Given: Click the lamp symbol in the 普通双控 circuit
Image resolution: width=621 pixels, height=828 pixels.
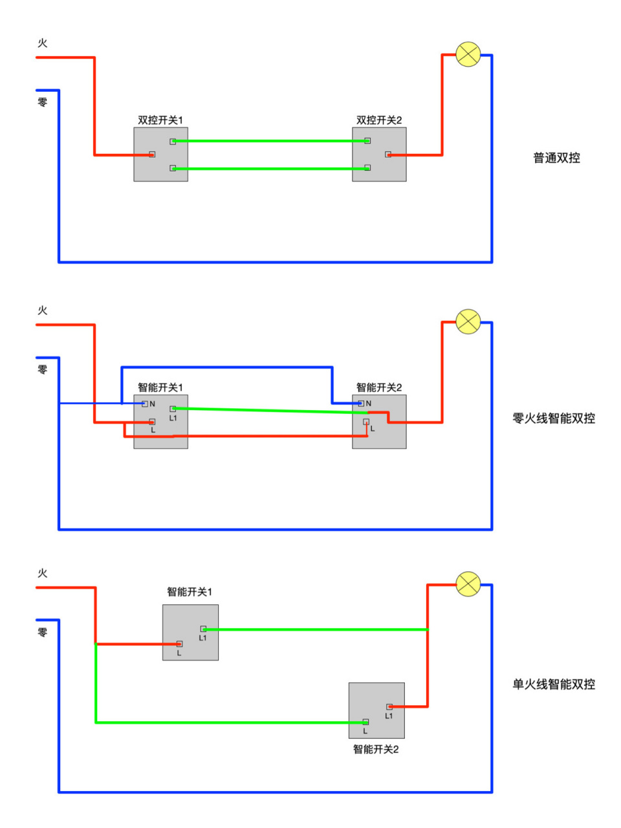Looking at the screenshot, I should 468,54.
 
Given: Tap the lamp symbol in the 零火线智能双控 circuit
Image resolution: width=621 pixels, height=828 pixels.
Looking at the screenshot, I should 468,321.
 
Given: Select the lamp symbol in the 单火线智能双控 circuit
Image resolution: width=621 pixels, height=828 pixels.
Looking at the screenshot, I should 468,584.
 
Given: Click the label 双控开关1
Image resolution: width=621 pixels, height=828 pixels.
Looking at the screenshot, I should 160,120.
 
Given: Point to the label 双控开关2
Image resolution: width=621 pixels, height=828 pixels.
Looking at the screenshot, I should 379,120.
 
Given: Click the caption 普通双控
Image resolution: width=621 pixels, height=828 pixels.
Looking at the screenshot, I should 556,158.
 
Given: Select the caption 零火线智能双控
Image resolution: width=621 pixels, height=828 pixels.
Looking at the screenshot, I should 554,419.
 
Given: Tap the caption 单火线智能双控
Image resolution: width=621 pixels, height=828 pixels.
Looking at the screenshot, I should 554,684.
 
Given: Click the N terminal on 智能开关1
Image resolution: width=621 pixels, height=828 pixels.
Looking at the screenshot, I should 145,404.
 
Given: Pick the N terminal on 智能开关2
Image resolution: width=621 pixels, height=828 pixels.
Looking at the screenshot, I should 361,403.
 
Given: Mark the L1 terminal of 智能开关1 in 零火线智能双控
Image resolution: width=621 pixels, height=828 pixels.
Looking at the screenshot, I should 173,409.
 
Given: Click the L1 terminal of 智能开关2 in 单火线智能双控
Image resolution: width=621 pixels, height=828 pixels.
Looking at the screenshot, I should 389,707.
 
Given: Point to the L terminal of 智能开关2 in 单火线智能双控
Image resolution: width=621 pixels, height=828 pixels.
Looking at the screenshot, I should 365,722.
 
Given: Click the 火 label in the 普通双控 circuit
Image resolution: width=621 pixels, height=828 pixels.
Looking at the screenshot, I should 43,43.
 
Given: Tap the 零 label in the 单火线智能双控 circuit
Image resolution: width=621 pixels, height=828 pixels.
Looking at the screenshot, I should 43,632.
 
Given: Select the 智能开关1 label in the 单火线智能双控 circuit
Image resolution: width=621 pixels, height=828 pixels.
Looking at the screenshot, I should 190,592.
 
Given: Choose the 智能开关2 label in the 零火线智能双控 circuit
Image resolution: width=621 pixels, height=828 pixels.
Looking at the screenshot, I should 379,387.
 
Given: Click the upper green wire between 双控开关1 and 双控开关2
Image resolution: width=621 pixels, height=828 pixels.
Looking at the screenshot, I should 270,141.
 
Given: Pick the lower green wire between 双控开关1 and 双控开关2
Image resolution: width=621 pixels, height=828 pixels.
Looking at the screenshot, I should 270,169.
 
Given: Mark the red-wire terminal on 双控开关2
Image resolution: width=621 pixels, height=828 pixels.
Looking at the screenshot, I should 388,155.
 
